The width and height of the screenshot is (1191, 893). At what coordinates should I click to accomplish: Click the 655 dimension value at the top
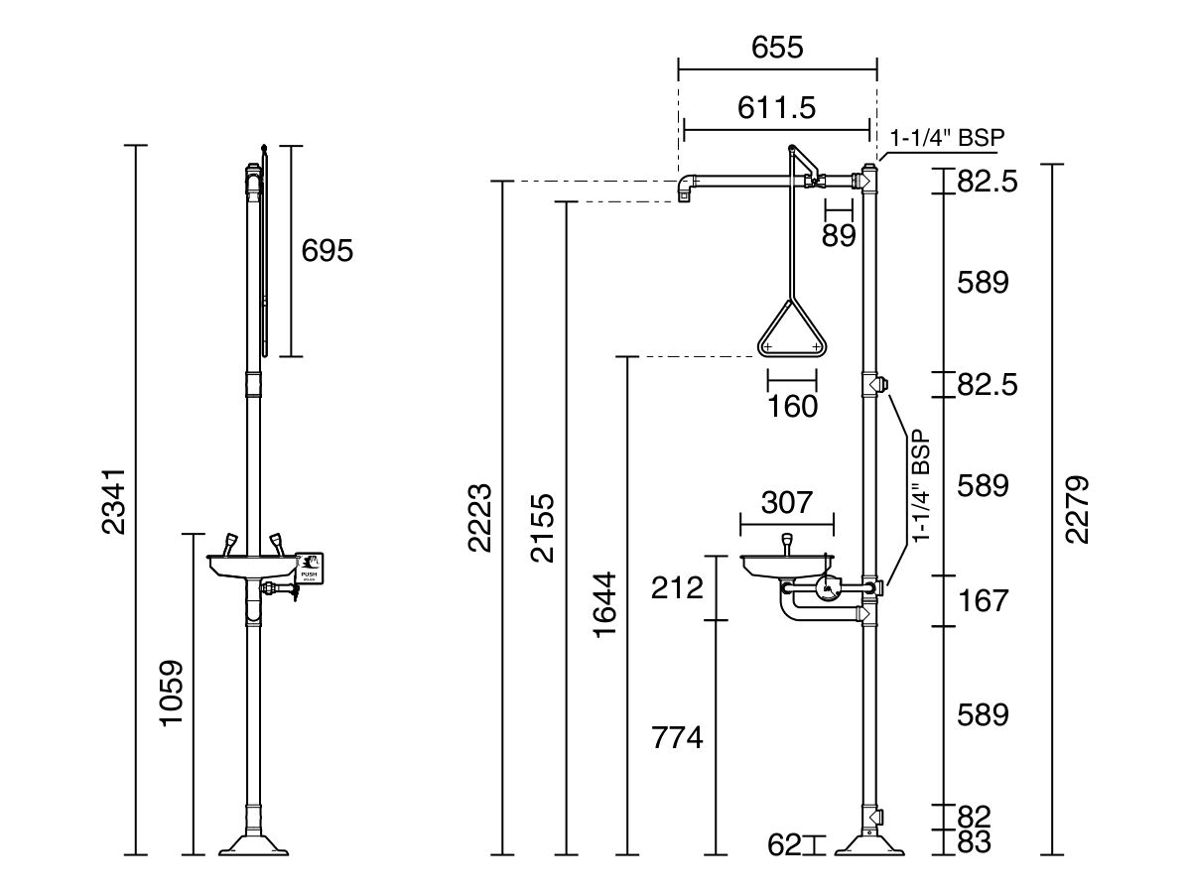point(777,47)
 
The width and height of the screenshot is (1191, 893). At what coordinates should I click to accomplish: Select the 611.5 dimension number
point(776,107)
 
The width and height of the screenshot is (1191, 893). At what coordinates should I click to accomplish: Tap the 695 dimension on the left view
point(327,251)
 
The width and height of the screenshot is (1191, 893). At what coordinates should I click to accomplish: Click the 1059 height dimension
point(173,693)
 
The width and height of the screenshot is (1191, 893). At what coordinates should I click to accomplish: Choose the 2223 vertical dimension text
point(480,518)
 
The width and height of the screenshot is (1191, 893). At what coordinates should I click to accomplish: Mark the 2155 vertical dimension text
point(542,527)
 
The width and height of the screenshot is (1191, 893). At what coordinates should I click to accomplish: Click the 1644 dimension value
point(604,604)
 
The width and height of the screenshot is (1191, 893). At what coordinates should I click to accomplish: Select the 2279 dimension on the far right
point(1077,509)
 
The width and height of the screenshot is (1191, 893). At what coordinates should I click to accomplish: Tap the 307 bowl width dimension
point(786,502)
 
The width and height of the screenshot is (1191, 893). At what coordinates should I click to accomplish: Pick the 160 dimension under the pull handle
point(792,406)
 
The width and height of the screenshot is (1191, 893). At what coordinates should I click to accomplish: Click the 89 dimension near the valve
point(839,235)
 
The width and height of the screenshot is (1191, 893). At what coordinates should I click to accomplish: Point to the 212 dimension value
point(678,588)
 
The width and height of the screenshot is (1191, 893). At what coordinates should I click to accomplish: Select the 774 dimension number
point(677,737)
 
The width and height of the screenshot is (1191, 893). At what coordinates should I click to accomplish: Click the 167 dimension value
point(983,600)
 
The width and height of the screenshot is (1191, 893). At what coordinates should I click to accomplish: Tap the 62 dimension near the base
point(784,845)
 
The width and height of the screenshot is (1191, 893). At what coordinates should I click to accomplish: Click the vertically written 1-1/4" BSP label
point(921,485)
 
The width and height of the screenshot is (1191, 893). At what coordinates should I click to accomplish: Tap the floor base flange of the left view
point(254,843)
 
